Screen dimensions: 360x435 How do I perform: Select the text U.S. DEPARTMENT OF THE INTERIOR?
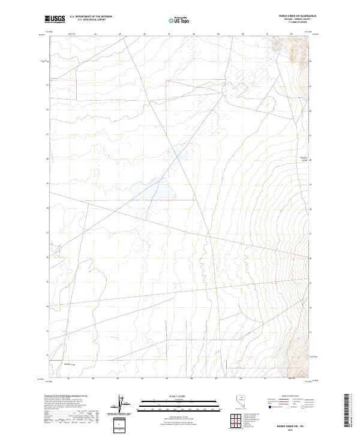click(x=91, y=17)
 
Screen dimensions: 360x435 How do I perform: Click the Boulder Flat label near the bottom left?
click(x=68, y=363)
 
